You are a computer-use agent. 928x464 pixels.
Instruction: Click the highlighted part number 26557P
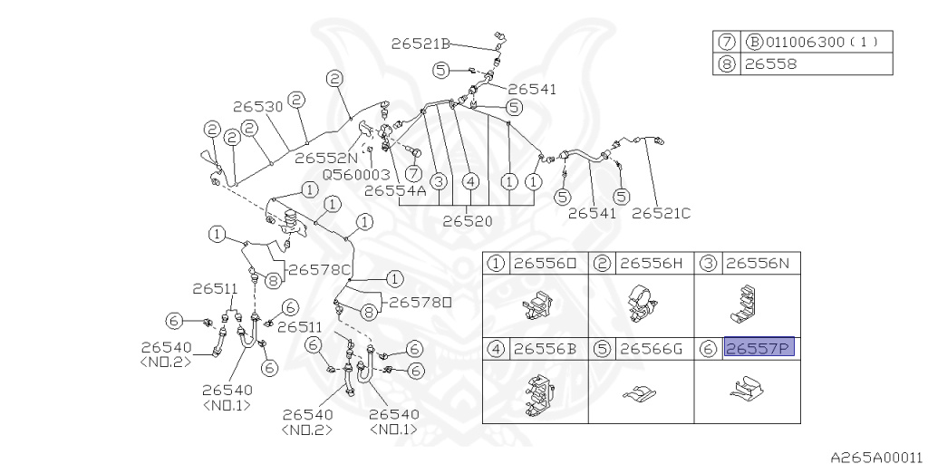click(759, 348)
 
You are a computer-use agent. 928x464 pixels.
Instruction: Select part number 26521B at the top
click(420, 43)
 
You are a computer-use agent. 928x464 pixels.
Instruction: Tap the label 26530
click(257, 107)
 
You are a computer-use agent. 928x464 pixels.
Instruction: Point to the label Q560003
click(356, 175)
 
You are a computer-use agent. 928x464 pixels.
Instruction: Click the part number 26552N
click(326, 158)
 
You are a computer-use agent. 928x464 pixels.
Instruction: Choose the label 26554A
click(395, 190)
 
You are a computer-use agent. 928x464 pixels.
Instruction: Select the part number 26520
click(468, 221)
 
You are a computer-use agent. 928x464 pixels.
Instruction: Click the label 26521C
click(661, 213)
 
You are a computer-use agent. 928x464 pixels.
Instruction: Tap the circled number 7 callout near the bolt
click(413, 173)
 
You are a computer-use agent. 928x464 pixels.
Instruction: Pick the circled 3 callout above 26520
click(438, 181)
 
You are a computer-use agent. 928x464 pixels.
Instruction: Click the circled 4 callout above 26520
click(470, 181)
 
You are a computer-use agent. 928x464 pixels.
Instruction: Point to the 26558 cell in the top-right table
click(770, 64)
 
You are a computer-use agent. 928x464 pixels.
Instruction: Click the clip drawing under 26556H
click(641, 304)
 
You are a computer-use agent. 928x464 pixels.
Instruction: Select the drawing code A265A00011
click(877, 457)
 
